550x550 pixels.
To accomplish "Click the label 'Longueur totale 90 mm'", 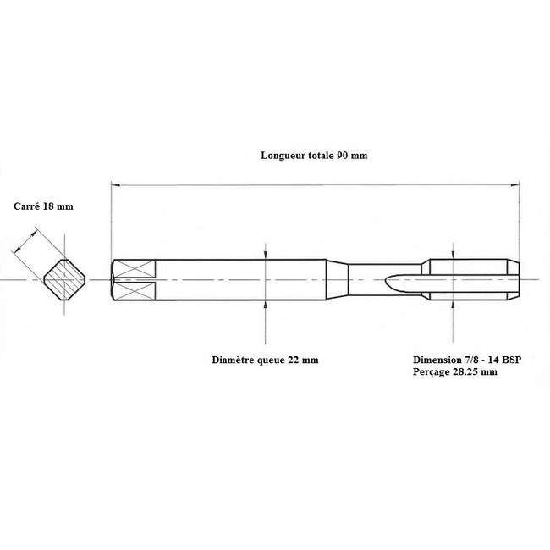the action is click(x=314, y=156).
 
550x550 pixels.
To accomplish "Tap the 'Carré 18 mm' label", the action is click(x=43, y=206).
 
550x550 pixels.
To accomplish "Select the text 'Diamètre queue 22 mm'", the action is click(x=265, y=360).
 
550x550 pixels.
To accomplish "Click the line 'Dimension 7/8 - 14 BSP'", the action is click(x=467, y=360).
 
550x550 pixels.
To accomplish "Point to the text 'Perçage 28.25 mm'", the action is click(x=455, y=371).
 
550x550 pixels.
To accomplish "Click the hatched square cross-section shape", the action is click(x=64, y=280).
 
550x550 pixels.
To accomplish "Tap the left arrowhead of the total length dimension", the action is click(x=116, y=184).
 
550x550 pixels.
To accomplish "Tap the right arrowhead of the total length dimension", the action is click(x=514, y=184).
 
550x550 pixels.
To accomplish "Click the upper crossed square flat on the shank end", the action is click(x=135, y=268).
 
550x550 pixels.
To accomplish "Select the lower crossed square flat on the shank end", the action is click(x=135, y=291).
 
